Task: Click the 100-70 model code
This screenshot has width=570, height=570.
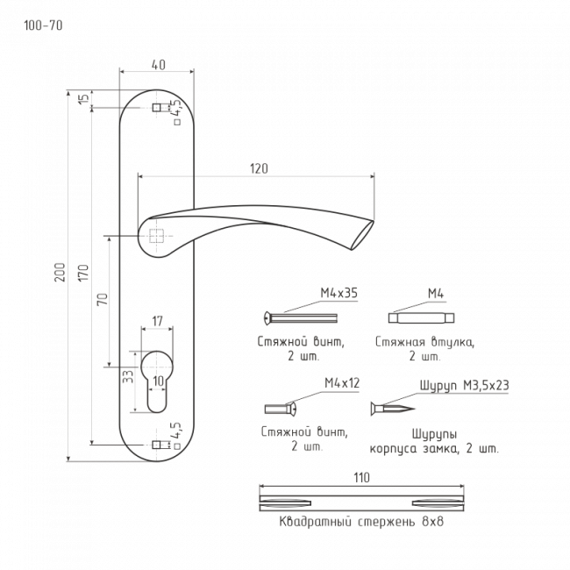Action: click(x=43, y=25)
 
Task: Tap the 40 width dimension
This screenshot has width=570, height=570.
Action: click(x=159, y=65)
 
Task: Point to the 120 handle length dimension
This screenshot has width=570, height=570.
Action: click(x=259, y=168)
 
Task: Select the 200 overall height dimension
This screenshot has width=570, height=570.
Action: click(x=60, y=272)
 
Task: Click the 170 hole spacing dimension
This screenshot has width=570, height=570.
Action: click(x=83, y=272)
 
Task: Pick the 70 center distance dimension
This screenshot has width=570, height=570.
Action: click(x=103, y=299)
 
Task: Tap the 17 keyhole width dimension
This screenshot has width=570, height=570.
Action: click(x=157, y=321)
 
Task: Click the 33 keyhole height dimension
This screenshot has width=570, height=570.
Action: click(x=128, y=376)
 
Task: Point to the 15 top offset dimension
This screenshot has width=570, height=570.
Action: click(x=84, y=98)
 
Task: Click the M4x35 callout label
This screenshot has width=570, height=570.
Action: click(x=338, y=293)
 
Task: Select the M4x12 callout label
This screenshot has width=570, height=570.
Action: click(x=342, y=383)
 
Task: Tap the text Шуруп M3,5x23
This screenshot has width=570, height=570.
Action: click(x=464, y=385)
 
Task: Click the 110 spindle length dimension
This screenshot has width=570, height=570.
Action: click(x=361, y=477)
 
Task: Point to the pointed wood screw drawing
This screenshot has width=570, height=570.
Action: click(x=393, y=409)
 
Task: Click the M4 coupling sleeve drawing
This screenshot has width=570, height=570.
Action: click(x=421, y=317)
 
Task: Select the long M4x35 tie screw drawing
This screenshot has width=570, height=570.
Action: click(x=301, y=317)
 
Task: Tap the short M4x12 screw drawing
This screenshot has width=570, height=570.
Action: click(x=281, y=409)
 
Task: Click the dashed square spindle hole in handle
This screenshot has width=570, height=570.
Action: click(x=156, y=236)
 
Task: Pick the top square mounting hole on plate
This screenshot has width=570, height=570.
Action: click(x=157, y=108)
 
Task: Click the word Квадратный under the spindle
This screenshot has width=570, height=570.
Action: click(x=316, y=522)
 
